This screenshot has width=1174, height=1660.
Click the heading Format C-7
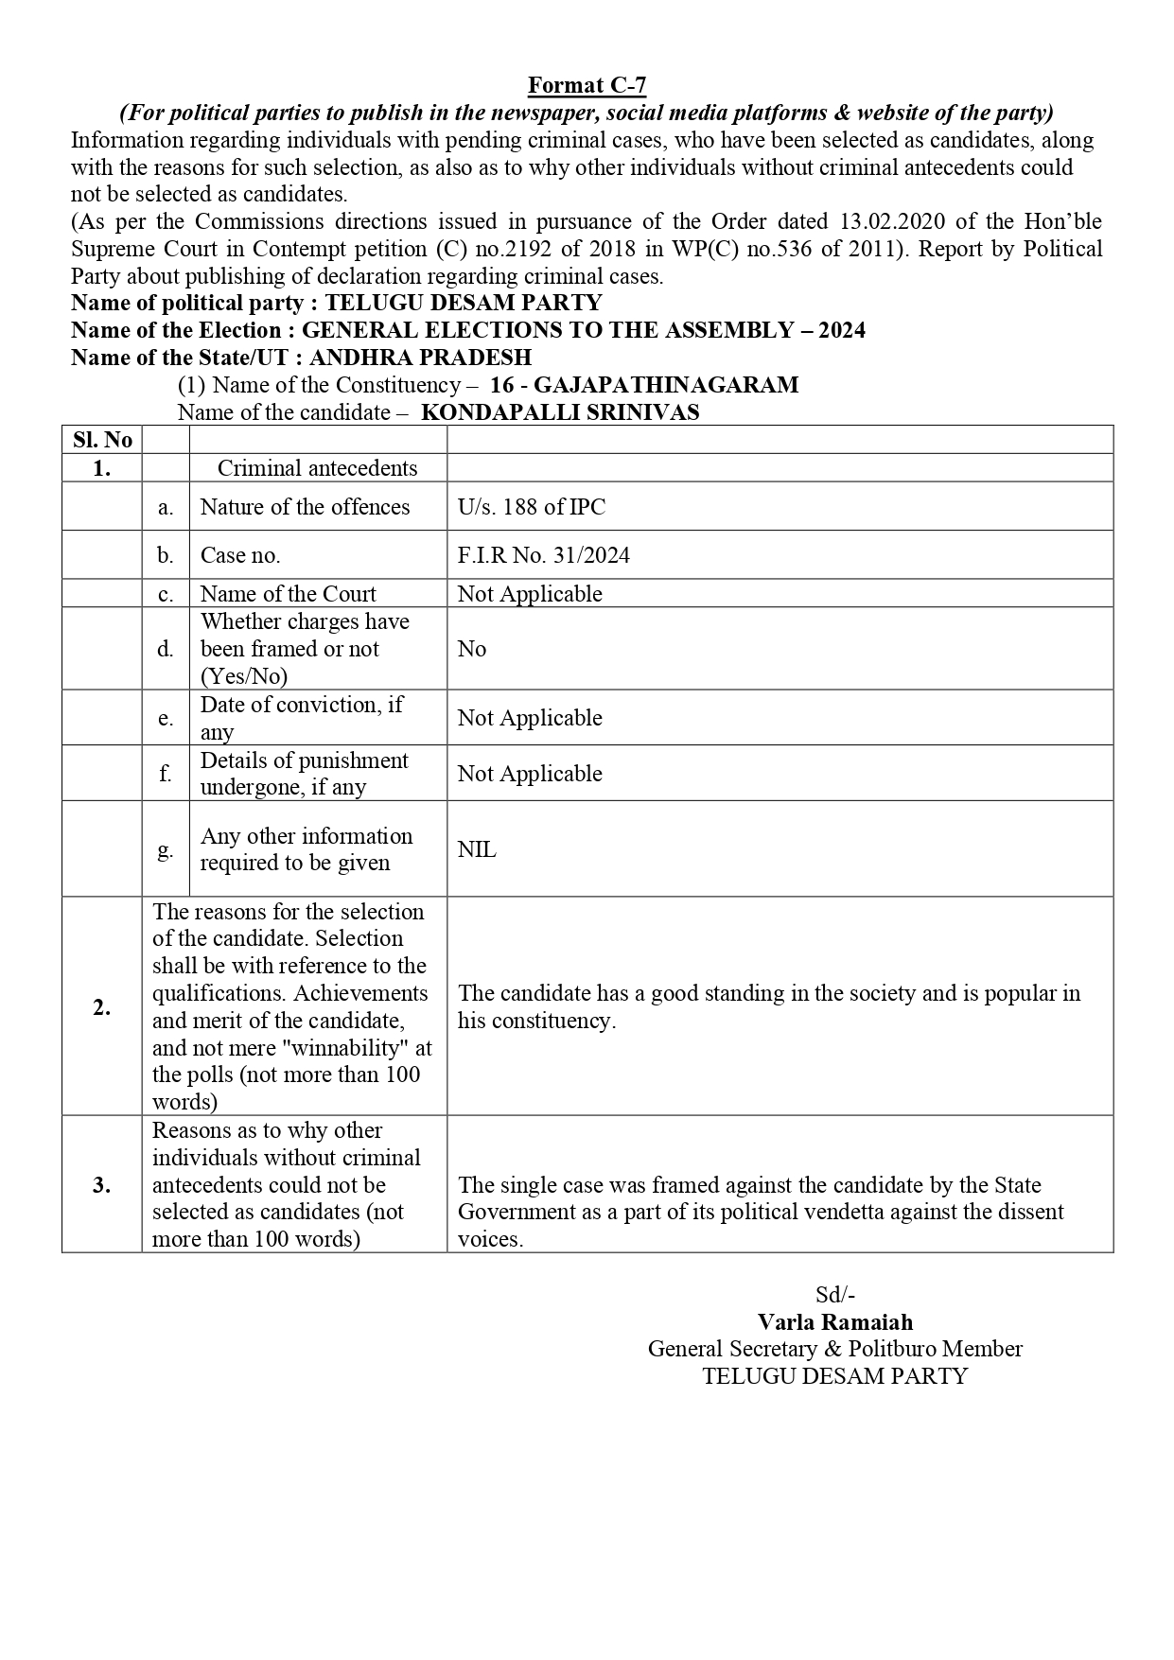(587, 85)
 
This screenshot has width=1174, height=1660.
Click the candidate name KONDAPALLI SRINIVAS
(560, 412)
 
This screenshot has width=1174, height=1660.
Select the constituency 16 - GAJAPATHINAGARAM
(644, 385)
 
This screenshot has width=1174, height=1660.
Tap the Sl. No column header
(102, 440)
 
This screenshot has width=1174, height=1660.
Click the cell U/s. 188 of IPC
(531, 507)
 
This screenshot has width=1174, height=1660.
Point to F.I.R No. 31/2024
(543, 555)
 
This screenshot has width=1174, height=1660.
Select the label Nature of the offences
(305, 507)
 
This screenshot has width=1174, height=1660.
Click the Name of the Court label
(288, 594)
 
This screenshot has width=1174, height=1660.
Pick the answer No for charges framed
(471, 649)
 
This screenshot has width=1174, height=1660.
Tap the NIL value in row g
(477, 849)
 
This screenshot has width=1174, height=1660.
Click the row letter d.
(166, 649)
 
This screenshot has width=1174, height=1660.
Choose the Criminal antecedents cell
(317, 468)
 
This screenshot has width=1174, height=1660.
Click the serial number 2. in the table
(102, 1007)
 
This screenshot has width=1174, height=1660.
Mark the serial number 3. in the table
(102, 1185)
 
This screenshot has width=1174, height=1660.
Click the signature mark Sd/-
(835, 1295)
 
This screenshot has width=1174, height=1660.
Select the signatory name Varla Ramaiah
(835, 1322)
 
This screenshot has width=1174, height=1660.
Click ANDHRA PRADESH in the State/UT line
(420, 358)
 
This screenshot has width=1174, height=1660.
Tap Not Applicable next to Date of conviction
(530, 718)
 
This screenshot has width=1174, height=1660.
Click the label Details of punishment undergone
(304, 774)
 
